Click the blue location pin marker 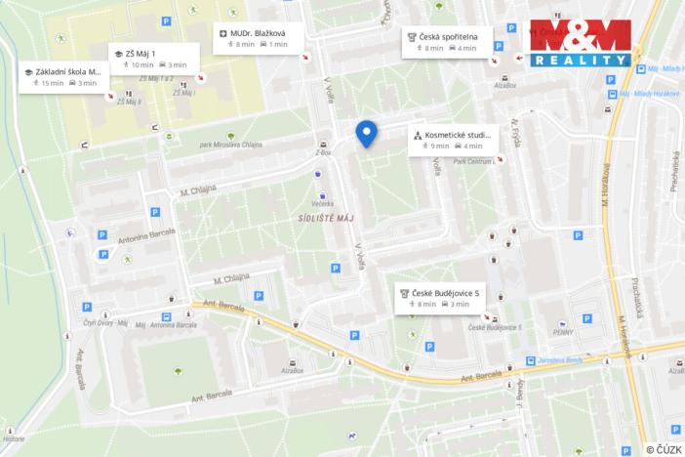366,133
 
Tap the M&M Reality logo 580,43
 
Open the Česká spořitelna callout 448,42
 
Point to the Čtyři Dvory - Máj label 105,325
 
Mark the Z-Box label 323,153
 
